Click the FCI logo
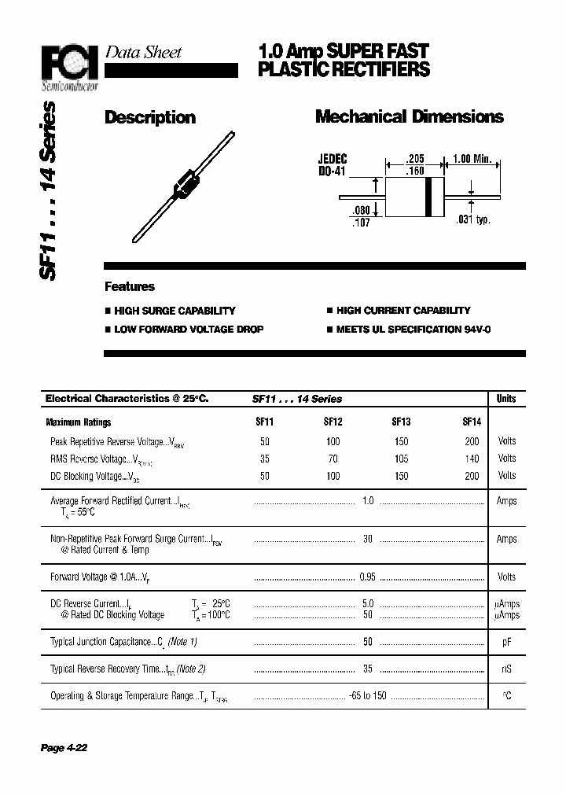pos(70,61)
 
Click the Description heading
pos(150,118)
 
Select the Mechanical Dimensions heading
pos(409,117)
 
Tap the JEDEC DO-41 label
pos(333,164)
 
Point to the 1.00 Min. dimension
pos(471,159)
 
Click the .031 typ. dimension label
pos(473,219)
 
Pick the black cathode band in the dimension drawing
pos(428,197)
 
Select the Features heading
pos(130,287)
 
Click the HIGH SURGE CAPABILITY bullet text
pos(175,311)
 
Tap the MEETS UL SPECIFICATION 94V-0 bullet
pos(413,330)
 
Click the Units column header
pos(506,399)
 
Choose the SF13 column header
pos(401,422)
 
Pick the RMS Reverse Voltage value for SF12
pos(333,459)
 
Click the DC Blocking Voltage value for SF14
pos(472,476)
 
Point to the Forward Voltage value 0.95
pos(367,577)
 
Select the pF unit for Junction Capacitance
pos(507,643)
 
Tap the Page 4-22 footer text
pos(64,748)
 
